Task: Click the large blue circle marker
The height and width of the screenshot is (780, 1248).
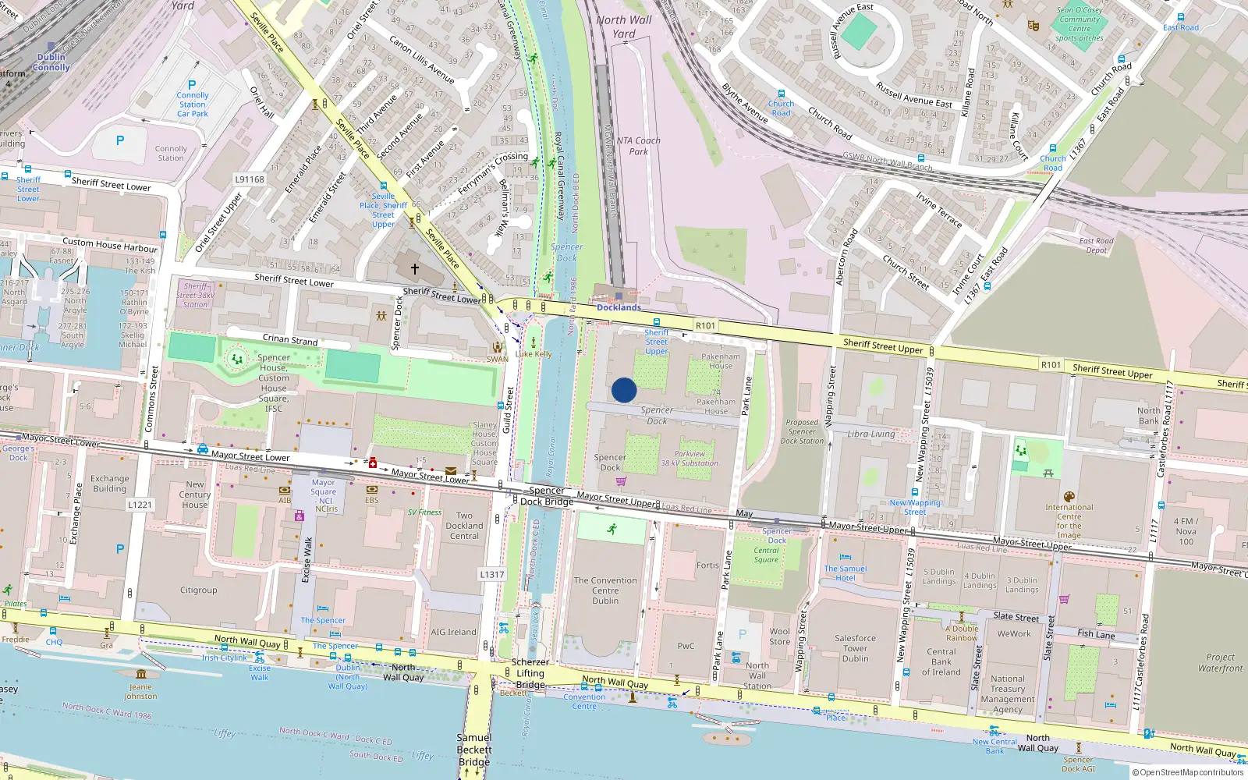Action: click(624, 390)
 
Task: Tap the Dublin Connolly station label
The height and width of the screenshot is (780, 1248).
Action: click(51, 62)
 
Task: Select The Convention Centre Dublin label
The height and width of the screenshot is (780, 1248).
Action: click(605, 590)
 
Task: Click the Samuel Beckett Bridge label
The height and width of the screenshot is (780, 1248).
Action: click(474, 750)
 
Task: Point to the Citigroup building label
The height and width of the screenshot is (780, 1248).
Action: click(199, 590)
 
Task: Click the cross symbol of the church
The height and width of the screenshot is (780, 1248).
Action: click(415, 269)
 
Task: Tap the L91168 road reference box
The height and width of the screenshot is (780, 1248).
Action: click(250, 179)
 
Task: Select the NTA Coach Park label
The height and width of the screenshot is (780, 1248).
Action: click(638, 146)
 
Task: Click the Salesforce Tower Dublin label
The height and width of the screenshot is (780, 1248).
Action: click(855, 648)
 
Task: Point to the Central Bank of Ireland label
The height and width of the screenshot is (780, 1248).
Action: click(941, 661)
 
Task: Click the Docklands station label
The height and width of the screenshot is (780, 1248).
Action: click(619, 307)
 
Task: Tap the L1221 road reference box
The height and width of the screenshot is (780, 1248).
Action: click(140, 505)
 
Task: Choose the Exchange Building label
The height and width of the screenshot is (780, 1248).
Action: click(110, 484)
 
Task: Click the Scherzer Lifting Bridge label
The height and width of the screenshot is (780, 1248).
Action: click(530, 673)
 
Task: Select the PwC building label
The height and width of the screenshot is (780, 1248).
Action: click(686, 646)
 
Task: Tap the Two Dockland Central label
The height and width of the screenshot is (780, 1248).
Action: click(464, 526)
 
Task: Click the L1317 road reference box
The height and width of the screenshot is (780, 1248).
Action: click(491, 575)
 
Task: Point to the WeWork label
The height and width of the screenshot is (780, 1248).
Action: click(1014, 634)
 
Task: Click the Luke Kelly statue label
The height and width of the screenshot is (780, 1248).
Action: click(534, 354)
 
